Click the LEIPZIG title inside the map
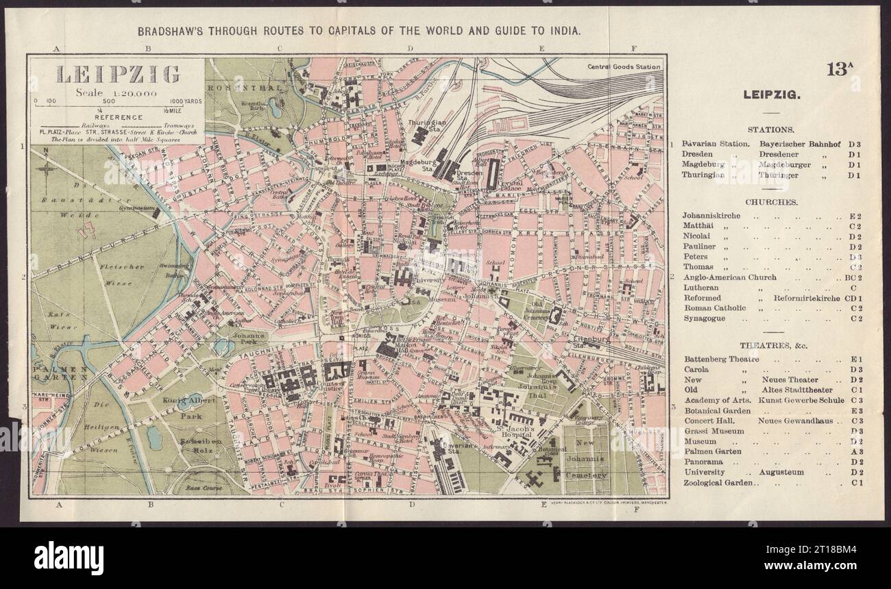117,73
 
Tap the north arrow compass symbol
46,166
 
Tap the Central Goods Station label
624,66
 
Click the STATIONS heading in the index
771,129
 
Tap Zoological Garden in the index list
718,483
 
